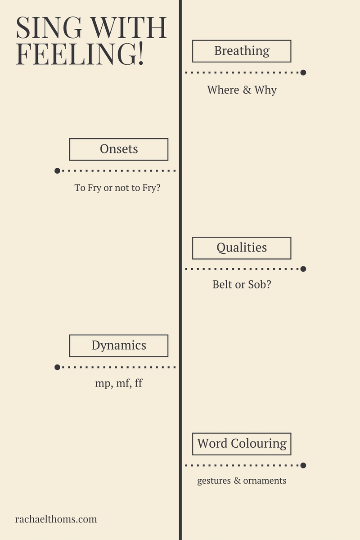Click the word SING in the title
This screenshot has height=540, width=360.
[49, 27]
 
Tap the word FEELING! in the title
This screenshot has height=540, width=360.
[80, 54]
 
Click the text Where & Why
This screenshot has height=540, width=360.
[242, 90]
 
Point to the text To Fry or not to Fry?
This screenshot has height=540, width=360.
[117, 188]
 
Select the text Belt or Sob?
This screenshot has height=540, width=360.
[242, 284]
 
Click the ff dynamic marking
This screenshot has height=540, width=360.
[139, 383]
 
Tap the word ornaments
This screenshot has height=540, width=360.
[265, 481]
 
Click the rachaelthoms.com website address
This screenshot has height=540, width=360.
[56, 519]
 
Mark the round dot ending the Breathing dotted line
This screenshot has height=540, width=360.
[303, 72]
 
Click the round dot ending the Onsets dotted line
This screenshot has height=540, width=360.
[57, 171]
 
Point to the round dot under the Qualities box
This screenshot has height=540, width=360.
[303, 269]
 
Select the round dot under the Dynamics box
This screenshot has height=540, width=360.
[57, 367]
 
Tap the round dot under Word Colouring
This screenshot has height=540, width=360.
[303, 465]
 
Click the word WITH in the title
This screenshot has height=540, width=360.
[129, 27]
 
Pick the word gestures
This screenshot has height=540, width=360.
[214, 481]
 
